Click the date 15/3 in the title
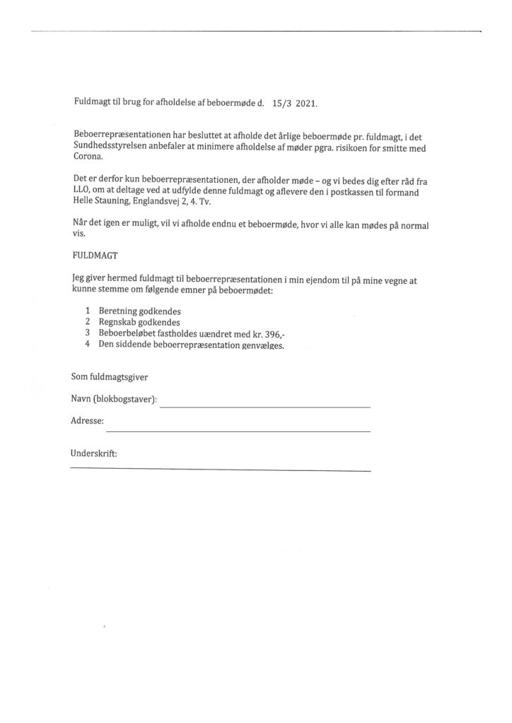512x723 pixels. coord(281,103)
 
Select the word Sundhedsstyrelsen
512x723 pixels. coord(111,150)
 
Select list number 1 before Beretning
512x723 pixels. coord(87,311)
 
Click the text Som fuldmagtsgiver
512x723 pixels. coord(110,376)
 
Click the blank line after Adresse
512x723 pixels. coord(238,431)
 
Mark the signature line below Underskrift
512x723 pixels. coord(220,470)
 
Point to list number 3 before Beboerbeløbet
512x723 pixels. coord(87,333)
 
